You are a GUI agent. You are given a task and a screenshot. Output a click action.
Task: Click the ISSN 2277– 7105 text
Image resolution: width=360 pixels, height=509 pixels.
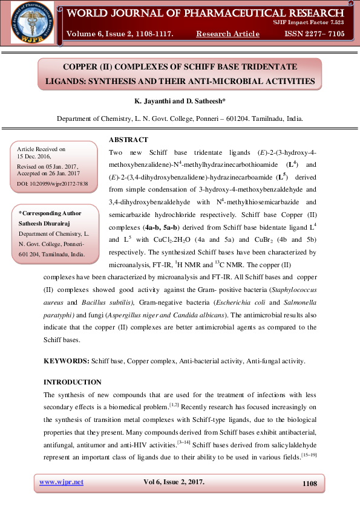coord(314,34)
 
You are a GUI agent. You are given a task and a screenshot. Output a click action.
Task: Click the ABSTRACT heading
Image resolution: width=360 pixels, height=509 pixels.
coord(128,140)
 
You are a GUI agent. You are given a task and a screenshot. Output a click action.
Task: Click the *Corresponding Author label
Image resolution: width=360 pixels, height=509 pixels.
coord(50,213)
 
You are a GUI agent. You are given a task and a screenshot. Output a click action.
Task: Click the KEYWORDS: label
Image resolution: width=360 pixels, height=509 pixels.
coord(67,361)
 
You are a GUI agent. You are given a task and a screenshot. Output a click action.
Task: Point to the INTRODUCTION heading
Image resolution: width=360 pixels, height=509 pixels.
coord(73,382)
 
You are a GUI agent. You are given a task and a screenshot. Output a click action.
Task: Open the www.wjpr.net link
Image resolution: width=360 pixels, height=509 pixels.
coord(61,482)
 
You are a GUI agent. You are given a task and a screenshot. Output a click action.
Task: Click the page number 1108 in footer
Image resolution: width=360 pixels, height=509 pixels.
coord(309,483)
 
